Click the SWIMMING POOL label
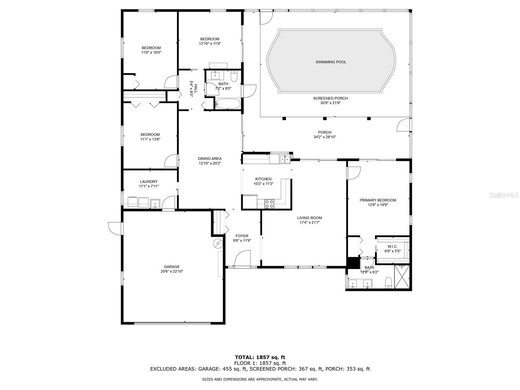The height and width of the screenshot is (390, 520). (331, 62)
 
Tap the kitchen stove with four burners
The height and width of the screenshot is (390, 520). (269, 204)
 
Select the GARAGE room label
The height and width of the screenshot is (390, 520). (172, 266)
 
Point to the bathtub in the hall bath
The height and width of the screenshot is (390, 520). (227, 104)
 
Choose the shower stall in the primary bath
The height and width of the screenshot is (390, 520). (402, 277)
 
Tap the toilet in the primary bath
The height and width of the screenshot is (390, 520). (388, 283)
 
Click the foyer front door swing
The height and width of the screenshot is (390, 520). (242, 258)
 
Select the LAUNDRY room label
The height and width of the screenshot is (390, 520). (149, 182)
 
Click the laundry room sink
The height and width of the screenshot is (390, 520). (155, 203)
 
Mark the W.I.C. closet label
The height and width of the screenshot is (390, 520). (393, 246)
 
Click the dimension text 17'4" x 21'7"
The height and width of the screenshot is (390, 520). (310, 222)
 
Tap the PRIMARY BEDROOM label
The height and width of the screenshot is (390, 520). (378, 200)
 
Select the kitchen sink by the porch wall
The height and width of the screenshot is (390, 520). (284, 159)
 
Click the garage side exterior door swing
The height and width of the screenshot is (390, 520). (115, 228)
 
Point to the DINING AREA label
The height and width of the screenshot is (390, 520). (210, 159)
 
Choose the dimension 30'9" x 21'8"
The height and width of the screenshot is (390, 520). (330, 103)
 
